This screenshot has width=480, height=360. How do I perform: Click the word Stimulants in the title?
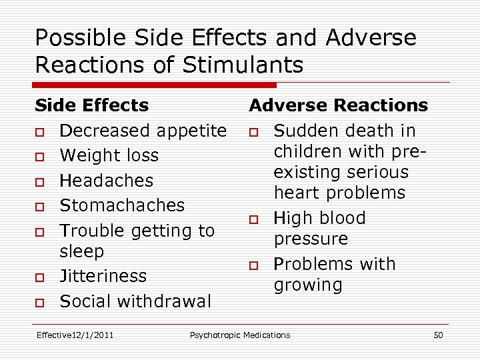(x=243, y=65)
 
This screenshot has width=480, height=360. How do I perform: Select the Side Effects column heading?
(x=92, y=105)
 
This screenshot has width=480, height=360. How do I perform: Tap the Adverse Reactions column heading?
(x=338, y=105)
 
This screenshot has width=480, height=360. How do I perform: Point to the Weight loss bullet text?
(x=109, y=155)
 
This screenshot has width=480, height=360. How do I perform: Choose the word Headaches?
(x=107, y=181)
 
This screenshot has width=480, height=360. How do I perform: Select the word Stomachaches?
(x=122, y=205)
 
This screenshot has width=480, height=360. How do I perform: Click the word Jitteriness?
(x=103, y=276)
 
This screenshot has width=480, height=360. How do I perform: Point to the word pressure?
(x=311, y=239)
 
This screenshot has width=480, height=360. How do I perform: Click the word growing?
(x=308, y=285)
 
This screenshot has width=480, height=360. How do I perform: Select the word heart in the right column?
(x=297, y=193)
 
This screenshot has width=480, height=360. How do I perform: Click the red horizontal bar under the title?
(x=155, y=85)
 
